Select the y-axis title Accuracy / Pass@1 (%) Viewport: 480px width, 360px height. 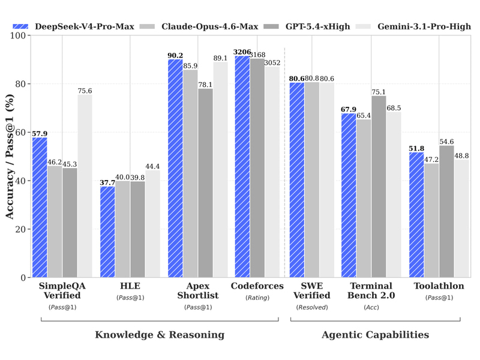(10, 157)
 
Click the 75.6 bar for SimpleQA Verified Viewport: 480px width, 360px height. (85, 186)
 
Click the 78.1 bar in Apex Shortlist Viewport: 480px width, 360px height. (205, 183)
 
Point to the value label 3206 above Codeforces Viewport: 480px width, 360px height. (242, 52)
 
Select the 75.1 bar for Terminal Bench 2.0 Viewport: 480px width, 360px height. (379, 187)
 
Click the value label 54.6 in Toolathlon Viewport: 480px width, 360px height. (447, 142)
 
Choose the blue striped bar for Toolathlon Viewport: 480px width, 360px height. (416, 215)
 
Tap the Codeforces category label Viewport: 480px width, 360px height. (257, 286)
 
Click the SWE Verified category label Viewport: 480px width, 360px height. (311, 290)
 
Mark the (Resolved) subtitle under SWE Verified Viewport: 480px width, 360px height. (311, 307)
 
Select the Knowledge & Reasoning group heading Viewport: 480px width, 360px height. (160, 335)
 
